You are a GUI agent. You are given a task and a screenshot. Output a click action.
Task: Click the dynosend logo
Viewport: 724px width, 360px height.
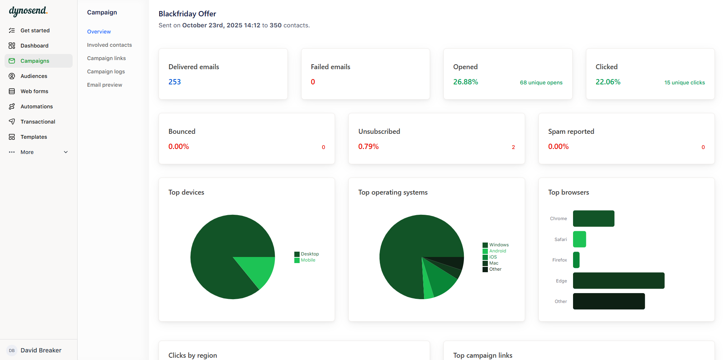(x=28, y=11)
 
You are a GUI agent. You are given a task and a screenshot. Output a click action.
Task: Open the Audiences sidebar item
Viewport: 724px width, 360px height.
(x=34, y=76)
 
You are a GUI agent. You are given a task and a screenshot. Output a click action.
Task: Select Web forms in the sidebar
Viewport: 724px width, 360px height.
(x=34, y=91)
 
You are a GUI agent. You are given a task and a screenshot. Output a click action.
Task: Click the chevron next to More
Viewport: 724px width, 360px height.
(x=66, y=152)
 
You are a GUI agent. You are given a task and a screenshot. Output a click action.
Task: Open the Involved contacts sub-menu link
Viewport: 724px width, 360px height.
(x=109, y=45)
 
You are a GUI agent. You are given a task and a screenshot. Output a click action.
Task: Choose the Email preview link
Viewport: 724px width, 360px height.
(x=104, y=85)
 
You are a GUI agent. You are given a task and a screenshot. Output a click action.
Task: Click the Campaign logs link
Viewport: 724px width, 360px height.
(x=106, y=71)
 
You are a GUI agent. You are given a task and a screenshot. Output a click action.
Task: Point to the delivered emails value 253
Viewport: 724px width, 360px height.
(x=175, y=82)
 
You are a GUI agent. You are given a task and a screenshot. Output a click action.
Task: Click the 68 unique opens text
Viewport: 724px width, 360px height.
(x=541, y=82)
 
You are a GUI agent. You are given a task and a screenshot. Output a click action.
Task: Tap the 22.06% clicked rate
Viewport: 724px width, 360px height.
(x=608, y=82)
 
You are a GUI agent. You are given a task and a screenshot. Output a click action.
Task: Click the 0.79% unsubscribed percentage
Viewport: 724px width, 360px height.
(x=368, y=146)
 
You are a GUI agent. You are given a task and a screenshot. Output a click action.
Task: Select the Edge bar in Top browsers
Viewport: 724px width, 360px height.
(x=618, y=281)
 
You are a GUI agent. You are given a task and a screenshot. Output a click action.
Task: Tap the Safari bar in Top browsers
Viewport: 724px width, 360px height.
(x=579, y=239)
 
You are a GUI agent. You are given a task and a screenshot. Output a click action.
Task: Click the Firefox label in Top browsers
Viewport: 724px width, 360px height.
(x=559, y=260)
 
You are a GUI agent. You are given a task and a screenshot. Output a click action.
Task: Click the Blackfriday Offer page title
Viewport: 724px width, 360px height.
(x=187, y=14)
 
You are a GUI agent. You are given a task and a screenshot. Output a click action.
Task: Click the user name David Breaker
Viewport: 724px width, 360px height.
(x=41, y=350)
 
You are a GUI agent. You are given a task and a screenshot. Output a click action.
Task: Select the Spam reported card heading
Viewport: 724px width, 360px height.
(x=571, y=131)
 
